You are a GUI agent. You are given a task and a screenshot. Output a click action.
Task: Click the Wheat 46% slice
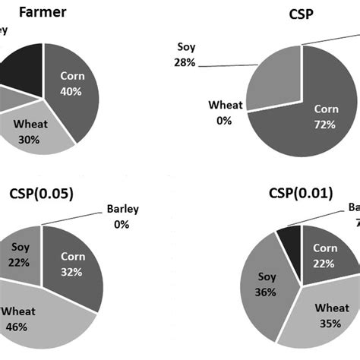(x=38, y=319)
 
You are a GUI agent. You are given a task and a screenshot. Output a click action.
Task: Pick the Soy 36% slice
(x=270, y=285)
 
